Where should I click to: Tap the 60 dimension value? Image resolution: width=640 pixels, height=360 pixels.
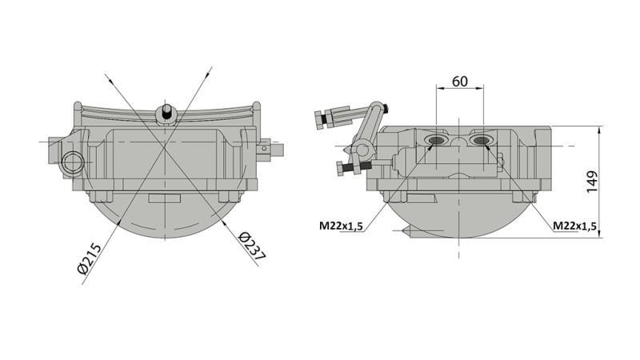point(460,82)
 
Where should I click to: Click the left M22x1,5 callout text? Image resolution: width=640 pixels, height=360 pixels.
point(341,226)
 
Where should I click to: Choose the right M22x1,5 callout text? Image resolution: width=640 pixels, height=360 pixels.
point(575,226)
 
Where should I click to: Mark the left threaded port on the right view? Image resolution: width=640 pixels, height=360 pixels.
point(437,141)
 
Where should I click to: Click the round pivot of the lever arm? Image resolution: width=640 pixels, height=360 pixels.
point(362,147)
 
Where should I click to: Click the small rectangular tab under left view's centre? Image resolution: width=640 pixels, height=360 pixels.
point(164,197)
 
